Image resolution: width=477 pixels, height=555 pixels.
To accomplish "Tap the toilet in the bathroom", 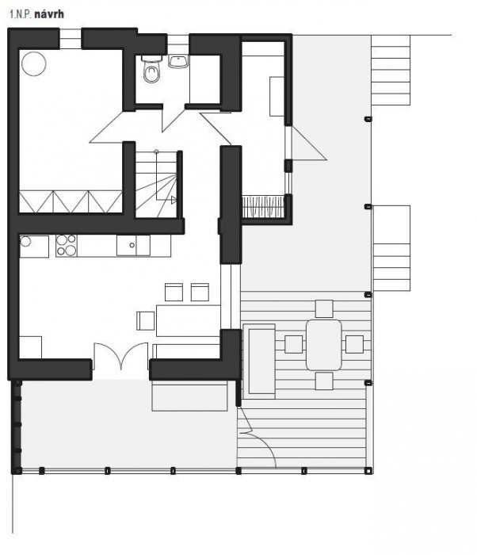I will pos(151,71).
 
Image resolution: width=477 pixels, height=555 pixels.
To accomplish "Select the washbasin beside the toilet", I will pos(177,61).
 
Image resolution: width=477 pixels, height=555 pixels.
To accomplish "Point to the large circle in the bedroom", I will pos(34,63).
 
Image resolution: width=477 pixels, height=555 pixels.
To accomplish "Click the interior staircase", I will pos(155,183).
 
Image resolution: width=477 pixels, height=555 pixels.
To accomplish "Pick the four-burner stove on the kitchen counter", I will pos(67,246).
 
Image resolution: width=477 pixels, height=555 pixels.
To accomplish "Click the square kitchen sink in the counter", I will pos(132,246).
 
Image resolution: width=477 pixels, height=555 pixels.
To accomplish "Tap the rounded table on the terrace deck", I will pos(323,344).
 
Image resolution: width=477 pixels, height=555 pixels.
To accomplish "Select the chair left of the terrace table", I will pos(293,344).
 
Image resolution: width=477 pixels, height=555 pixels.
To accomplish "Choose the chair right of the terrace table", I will pos(354,344).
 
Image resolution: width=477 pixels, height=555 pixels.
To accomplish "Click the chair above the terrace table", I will pos(323,308).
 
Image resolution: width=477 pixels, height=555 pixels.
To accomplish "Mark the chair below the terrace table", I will pos(323,381).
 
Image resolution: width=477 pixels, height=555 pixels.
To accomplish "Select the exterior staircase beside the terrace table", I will pos(391,247).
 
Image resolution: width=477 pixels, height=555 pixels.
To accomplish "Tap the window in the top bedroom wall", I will pos(69,38).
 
